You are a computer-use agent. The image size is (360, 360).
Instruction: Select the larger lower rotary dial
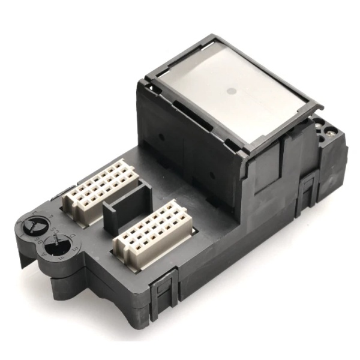tap(58, 244)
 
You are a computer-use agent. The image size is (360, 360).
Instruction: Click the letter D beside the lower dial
tap(72, 236)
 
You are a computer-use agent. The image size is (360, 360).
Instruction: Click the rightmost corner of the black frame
tap(323, 107)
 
